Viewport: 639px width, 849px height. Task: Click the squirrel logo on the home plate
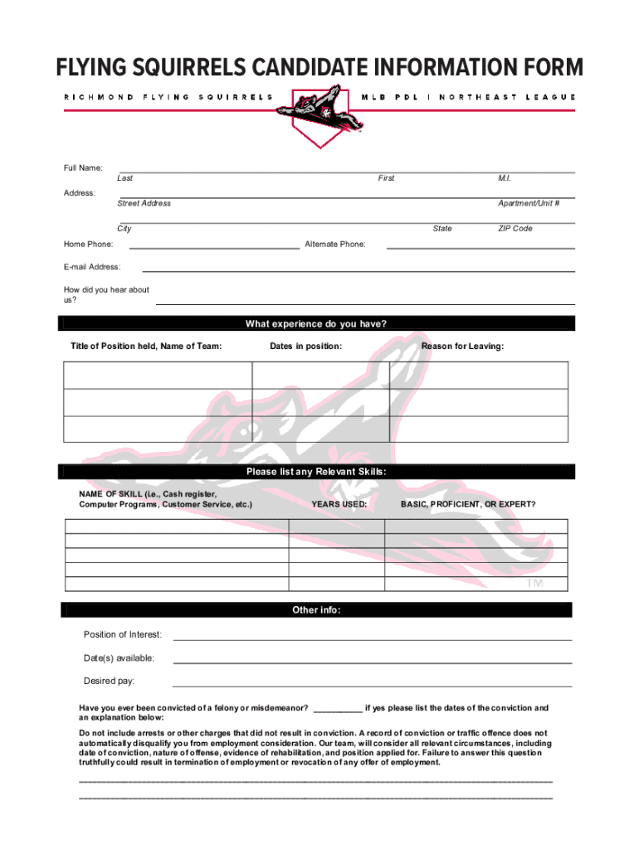[318, 108]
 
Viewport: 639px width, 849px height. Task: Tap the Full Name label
[83, 168]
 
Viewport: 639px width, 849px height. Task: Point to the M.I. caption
[505, 178]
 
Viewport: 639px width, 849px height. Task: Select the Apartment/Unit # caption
[528, 203]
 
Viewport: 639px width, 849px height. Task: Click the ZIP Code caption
[515, 228]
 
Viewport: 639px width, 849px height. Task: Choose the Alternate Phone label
[335, 244]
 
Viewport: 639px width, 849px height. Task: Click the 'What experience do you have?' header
[316, 323]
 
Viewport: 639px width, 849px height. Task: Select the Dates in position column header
[305, 346]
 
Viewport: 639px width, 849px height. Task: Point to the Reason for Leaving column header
[462, 346]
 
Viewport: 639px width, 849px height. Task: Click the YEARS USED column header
[339, 504]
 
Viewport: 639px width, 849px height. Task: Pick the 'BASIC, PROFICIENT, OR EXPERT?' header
[468, 504]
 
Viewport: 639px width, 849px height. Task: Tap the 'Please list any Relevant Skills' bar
[316, 472]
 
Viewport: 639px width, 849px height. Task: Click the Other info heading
[316, 610]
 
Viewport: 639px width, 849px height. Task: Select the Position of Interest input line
[372, 639]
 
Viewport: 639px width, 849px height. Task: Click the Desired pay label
[109, 681]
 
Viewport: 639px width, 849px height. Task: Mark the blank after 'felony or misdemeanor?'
[338, 710]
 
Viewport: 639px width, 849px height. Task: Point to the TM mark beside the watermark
[534, 585]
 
